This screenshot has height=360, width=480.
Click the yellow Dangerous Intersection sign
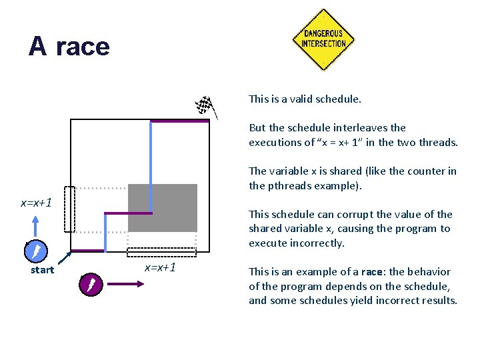pos(323,39)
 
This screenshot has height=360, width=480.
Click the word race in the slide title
pos(83,47)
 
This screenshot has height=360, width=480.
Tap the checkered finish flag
pos(203,105)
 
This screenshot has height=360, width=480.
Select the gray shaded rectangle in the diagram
pos(163,207)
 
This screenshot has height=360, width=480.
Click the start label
pos(42,270)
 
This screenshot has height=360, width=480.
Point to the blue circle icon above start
pos(35,251)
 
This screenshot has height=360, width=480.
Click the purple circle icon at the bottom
pos(89,285)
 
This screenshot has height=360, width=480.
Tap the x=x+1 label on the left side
pos(36,202)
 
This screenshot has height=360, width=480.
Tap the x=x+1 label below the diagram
pos(161,267)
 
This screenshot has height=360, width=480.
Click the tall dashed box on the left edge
pos(70,209)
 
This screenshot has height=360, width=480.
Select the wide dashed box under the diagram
pos(162,252)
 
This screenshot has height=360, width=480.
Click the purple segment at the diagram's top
pos(179,121)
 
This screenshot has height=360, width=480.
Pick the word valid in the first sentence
pos(301,99)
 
